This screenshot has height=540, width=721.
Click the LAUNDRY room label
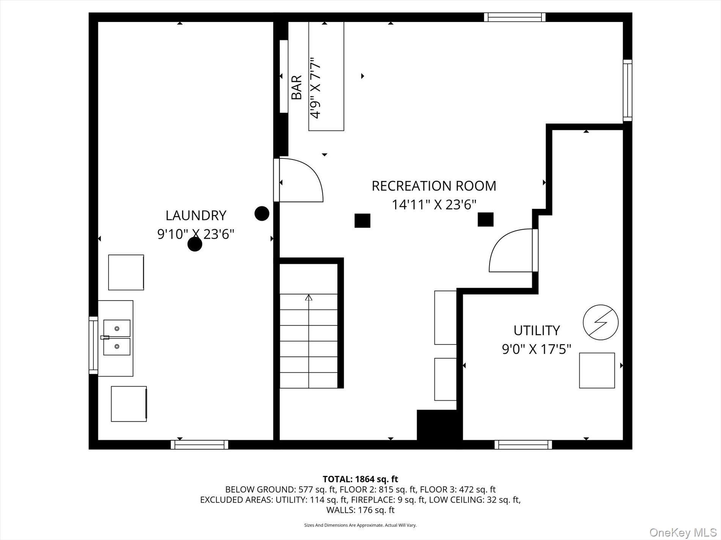click(x=196, y=215)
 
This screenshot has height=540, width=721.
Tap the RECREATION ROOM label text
click(x=434, y=186)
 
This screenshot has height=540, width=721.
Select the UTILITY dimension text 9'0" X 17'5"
click(x=536, y=349)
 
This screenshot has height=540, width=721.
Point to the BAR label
click(x=296, y=87)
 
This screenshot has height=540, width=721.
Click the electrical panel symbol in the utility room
click(x=600, y=322)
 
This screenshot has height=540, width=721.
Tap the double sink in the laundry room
click(x=117, y=338)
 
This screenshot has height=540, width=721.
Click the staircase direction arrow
click(x=309, y=298)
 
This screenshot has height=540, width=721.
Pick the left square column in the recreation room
click(x=362, y=221)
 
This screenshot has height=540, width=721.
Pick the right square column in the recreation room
click(x=485, y=219)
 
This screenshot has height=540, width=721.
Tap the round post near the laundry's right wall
click(x=262, y=213)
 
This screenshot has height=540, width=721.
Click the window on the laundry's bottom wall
click(x=199, y=445)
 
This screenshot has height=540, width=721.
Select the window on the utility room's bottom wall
click(x=523, y=445)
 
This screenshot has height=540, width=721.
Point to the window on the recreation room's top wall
click(x=515, y=17)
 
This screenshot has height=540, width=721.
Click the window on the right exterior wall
click(x=627, y=91)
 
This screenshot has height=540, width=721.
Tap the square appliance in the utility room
click(x=597, y=370)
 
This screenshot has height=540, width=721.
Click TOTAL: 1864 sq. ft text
click(x=360, y=479)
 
